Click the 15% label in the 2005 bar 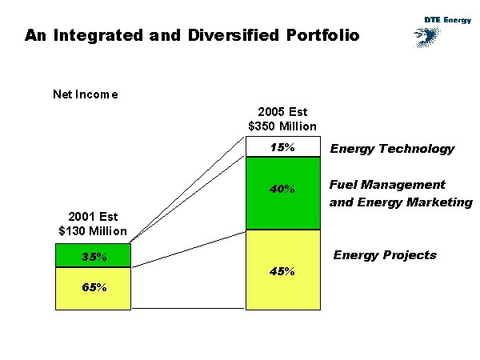click(x=282, y=148)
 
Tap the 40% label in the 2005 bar click(x=282, y=190)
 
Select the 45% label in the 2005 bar click(x=282, y=271)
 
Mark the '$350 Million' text click(x=282, y=126)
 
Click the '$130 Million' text click(x=93, y=231)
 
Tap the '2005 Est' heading click(x=282, y=112)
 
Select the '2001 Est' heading click(x=93, y=217)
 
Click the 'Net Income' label click(x=86, y=94)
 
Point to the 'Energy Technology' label click(x=392, y=149)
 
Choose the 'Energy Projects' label click(x=385, y=255)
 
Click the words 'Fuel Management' click(x=387, y=185)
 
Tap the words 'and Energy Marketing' click(x=401, y=202)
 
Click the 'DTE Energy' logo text click(x=448, y=20)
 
